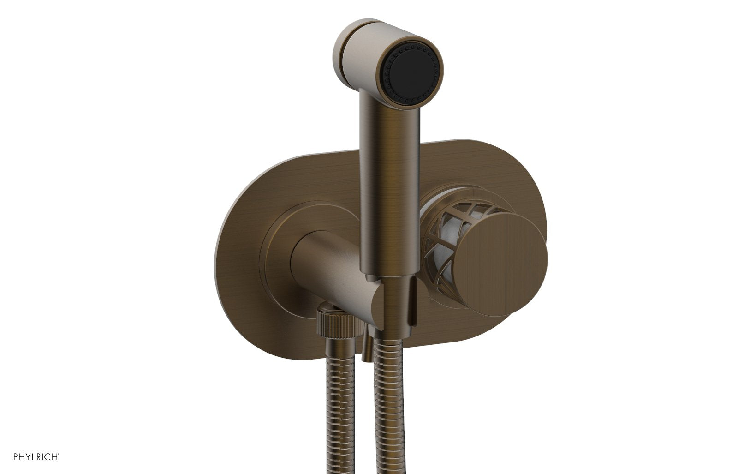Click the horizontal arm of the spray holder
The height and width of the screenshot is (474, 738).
(323, 258)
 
